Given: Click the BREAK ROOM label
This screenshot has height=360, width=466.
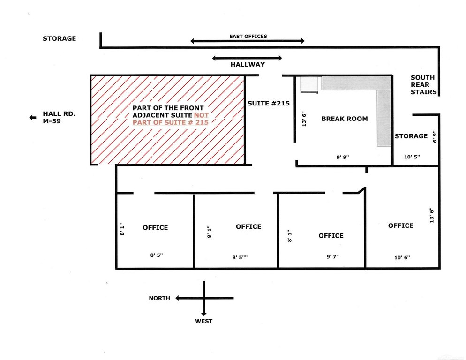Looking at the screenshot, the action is [345, 119].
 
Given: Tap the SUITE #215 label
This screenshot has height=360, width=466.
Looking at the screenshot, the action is [268, 103].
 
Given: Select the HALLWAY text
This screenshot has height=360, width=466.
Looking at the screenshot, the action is [248, 64].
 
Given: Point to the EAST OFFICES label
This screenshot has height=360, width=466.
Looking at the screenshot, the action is [248, 36].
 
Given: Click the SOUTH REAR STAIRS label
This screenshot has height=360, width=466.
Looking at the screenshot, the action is [423, 85].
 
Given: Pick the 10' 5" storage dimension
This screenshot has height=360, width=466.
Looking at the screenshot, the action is [412, 157].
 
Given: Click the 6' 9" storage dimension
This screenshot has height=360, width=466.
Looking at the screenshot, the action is [435, 136].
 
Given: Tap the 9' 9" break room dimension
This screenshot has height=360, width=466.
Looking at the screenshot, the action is [343, 157].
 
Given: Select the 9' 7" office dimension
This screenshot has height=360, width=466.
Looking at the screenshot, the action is [332, 256].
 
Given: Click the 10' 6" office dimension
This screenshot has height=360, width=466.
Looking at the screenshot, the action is [402, 257].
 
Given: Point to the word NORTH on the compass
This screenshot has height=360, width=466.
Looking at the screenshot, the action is [159, 298].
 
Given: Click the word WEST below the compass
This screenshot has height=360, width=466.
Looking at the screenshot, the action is [203, 321].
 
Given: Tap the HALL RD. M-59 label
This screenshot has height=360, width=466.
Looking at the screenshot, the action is [59, 117].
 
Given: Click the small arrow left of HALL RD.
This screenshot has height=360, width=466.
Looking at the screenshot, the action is [33, 118].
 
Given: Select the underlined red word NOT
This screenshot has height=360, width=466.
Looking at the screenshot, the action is [201, 115].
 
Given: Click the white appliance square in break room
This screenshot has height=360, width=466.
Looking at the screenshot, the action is [309, 85].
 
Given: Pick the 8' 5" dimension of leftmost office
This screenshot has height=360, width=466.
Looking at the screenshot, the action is [156, 255].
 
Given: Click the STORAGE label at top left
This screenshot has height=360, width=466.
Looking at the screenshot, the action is [59, 38].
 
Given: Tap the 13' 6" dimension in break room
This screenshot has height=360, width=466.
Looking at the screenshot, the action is [304, 119].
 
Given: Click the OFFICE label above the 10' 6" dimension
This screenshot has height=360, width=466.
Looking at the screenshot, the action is [401, 225].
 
